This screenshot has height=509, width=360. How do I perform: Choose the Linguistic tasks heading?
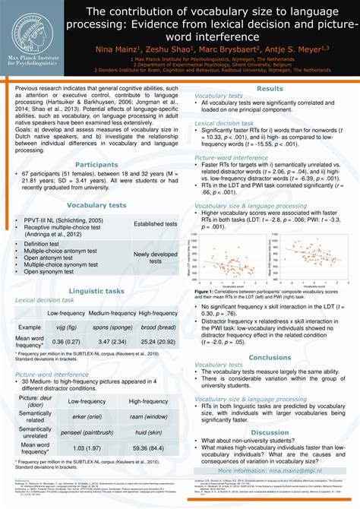click(96, 291)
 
